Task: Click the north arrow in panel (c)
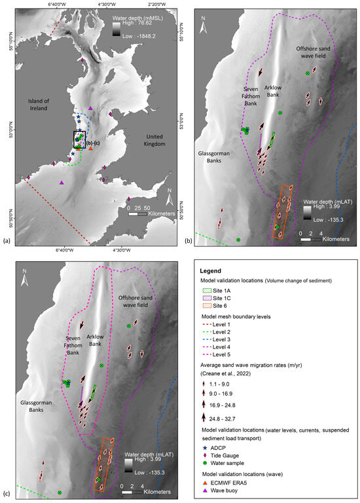tap(24, 278)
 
